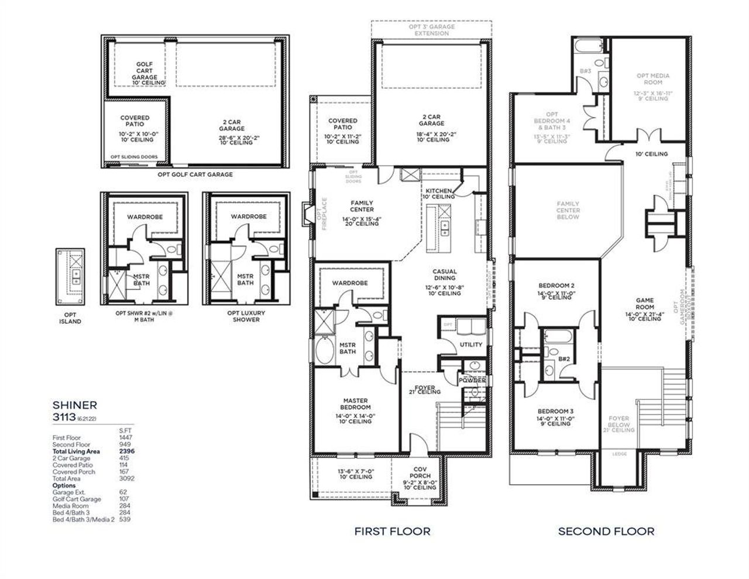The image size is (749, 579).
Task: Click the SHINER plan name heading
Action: point(75,405)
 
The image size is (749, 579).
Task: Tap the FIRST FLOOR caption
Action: point(392,532)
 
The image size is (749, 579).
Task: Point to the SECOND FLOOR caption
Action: point(606,532)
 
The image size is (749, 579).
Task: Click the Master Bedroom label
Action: point(356,404)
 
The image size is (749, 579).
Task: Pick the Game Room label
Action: point(645,303)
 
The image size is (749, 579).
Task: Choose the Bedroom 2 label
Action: point(556,286)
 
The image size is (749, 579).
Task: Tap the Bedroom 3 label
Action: point(555,411)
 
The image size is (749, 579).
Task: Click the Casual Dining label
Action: point(445,275)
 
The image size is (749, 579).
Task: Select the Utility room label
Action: point(471,345)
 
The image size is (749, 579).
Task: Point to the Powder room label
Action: point(472,381)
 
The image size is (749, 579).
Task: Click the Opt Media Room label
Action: point(653,79)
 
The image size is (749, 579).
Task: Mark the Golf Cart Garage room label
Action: point(144,71)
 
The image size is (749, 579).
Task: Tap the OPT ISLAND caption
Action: point(70,318)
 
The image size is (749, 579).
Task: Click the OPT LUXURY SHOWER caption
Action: point(246,316)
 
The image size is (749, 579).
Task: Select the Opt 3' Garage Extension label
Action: point(432,30)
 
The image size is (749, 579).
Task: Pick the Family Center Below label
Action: point(568,210)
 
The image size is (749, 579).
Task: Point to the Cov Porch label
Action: point(420,472)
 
